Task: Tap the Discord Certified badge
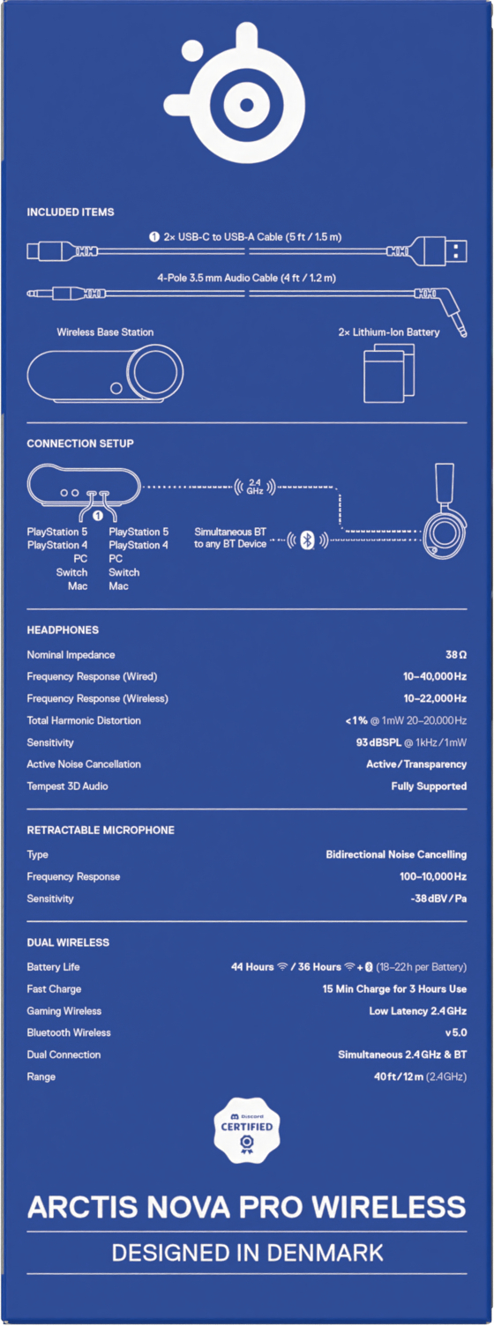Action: tap(246, 1130)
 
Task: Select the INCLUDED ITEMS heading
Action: tap(71, 212)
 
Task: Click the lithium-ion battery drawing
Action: tap(388, 374)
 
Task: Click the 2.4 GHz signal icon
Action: tap(255, 487)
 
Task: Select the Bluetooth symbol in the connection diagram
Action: tap(307, 540)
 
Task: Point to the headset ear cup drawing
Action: tap(445, 533)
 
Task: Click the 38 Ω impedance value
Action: tap(456, 655)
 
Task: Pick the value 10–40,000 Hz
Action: tap(435, 676)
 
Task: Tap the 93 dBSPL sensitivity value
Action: tap(378, 742)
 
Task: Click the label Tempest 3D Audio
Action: tap(68, 786)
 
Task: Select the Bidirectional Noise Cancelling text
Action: tap(396, 854)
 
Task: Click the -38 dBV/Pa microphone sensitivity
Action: tap(438, 898)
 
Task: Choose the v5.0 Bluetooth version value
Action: tap(456, 1032)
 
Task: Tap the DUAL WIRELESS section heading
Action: tap(68, 942)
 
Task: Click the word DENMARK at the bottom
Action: tap(325, 1253)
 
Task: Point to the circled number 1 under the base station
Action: tap(98, 516)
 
